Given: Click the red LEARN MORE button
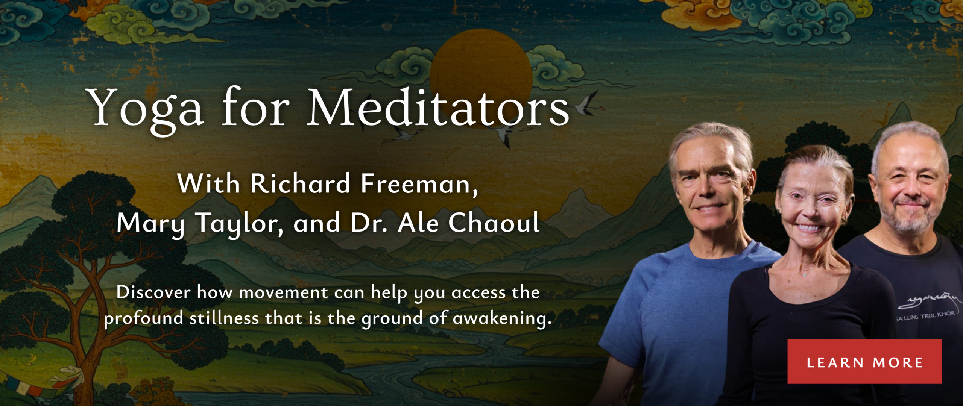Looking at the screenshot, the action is click(x=864, y=362).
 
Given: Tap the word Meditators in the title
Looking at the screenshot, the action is click(x=438, y=108).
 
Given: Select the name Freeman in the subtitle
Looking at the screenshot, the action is click(x=419, y=184).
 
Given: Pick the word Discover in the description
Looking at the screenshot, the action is click(x=153, y=292).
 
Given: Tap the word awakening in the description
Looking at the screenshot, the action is click(x=502, y=319).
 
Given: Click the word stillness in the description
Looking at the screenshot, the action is click(x=224, y=318).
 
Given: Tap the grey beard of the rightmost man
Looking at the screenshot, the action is click(x=912, y=218).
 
